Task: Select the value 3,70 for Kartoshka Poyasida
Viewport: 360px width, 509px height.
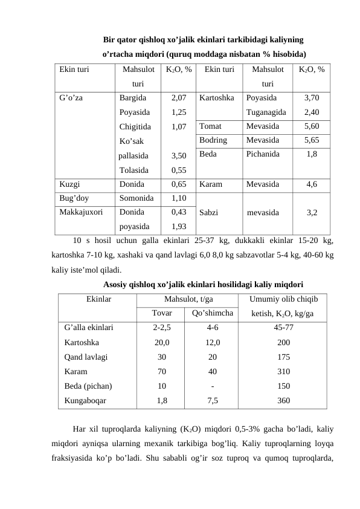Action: [312, 97]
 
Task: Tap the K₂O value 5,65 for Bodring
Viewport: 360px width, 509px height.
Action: [312, 140]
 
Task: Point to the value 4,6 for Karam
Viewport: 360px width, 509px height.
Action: [312, 184]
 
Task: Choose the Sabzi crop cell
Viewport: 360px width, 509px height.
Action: [209, 213]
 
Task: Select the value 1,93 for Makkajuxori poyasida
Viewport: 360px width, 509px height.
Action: [178, 227]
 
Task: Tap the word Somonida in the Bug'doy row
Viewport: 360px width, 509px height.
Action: [137, 198]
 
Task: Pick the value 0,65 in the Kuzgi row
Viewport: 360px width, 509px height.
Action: [178, 184]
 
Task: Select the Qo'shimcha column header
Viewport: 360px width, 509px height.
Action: [212, 313]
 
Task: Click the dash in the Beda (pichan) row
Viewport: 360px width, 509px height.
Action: [212, 385]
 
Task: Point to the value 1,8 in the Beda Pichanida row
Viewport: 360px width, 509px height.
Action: [312, 155]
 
